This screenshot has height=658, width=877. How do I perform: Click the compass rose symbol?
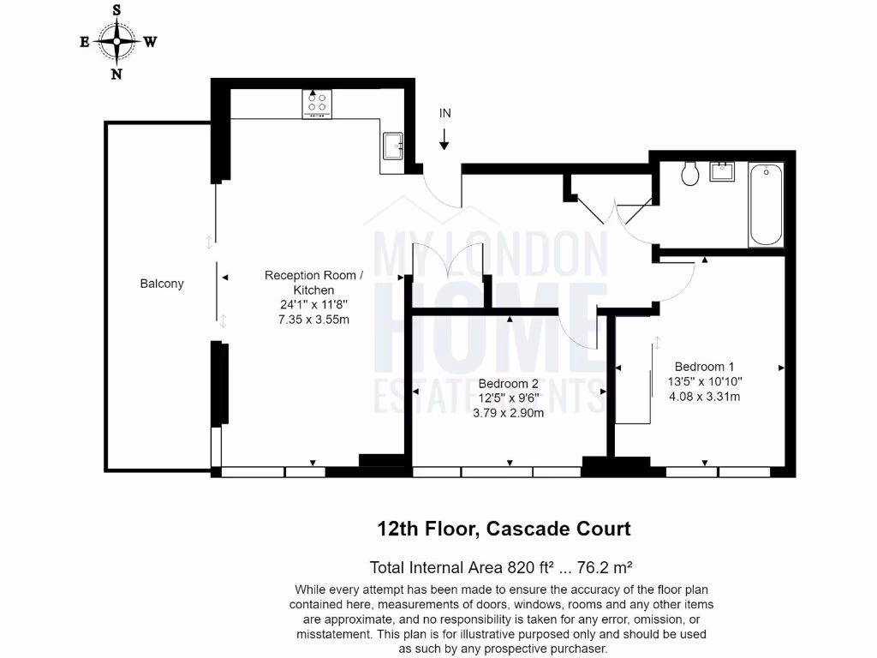pyautogui.click(x=116, y=41)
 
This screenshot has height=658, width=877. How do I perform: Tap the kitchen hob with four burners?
pyautogui.click(x=316, y=104)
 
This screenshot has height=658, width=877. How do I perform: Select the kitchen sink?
pyautogui.click(x=395, y=147)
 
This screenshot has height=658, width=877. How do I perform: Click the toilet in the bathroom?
pyautogui.click(x=691, y=175)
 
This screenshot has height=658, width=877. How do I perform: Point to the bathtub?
pyautogui.click(x=765, y=204)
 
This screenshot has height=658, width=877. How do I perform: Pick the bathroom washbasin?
pyautogui.click(x=723, y=170)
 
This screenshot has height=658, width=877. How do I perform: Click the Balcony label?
pyautogui.click(x=162, y=284)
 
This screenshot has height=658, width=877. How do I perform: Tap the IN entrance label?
pyautogui.click(x=445, y=113)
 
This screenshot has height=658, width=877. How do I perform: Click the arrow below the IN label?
pyautogui.click(x=444, y=140)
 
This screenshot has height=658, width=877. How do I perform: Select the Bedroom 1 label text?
pyautogui.click(x=703, y=364)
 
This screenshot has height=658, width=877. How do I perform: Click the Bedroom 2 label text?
pyautogui.click(x=508, y=383)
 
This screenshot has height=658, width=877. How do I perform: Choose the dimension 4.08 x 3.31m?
pyautogui.click(x=704, y=397)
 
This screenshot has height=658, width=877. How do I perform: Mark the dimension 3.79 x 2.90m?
pyautogui.click(x=508, y=412)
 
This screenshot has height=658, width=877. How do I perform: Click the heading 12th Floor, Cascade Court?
pyautogui.click(x=504, y=529)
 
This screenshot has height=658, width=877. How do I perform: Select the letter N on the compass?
pyautogui.click(x=116, y=74)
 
